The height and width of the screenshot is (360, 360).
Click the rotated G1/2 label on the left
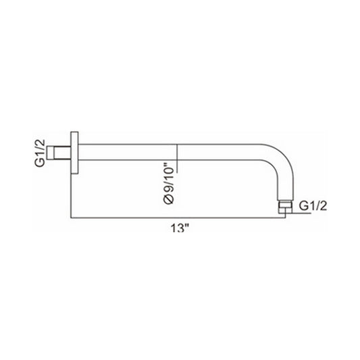pos(39,153)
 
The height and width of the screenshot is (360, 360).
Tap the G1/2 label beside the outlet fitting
pos(313,206)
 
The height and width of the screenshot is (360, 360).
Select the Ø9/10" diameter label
pos(169,184)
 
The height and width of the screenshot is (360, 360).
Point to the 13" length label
pos(180,228)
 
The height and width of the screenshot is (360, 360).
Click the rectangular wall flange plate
pos(74,153)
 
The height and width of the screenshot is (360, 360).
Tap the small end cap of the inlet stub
pos(50,153)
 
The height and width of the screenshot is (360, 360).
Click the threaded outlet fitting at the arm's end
pos(285,207)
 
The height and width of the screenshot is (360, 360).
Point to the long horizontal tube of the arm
pos(170,152)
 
